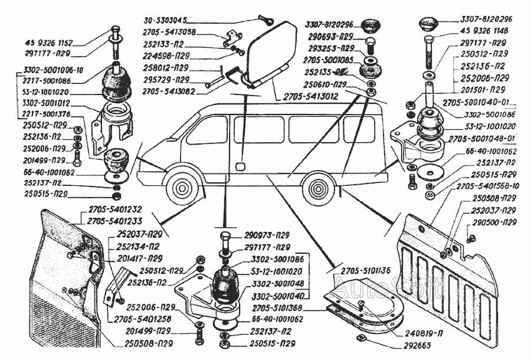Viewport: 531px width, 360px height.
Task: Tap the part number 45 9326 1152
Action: point(50,43)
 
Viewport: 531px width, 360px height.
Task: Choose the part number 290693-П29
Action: point(330,37)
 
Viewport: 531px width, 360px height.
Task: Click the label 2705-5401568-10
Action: point(487,186)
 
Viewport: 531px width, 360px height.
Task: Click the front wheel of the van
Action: point(181,187)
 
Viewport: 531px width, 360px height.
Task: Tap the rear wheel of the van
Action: point(321,188)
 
